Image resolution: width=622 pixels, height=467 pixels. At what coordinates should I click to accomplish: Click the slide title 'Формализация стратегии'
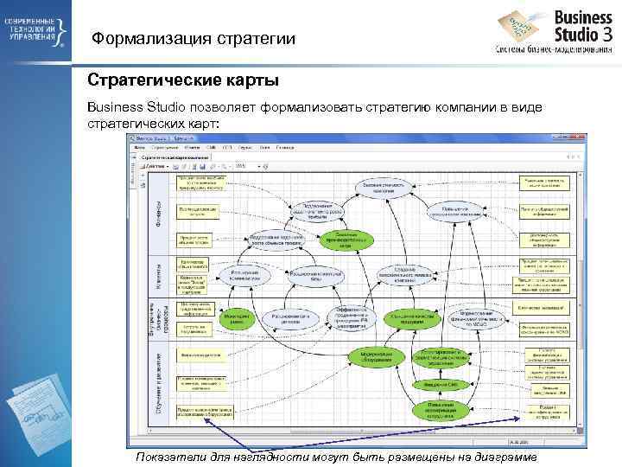click(194, 38)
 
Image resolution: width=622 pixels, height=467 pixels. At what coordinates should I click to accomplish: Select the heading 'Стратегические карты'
click(183, 81)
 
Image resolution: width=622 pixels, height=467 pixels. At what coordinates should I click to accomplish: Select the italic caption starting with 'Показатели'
click(335, 457)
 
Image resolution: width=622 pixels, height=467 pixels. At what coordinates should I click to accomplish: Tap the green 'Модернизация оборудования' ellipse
click(378, 356)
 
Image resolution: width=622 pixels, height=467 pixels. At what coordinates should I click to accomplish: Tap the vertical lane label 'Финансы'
click(159, 212)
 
